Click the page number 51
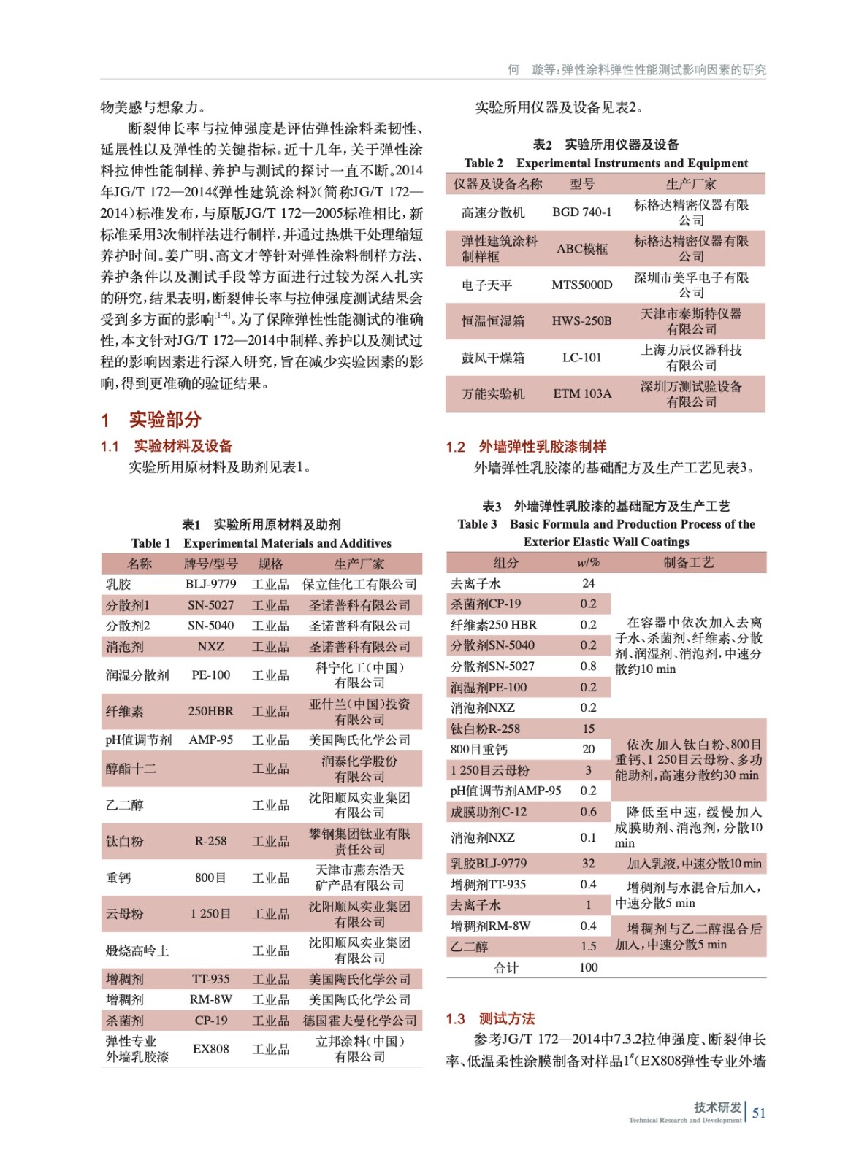(x=759, y=1113)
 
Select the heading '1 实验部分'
(x=151, y=420)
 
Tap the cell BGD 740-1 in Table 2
(x=582, y=212)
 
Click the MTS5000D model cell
(x=582, y=285)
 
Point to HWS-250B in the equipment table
(x=582, y=321)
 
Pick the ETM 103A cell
(x=582, y=393)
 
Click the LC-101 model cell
(x=582, y=358)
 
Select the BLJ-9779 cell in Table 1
(x=210, y=584)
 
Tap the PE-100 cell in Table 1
(x=210, y=675)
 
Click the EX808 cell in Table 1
(x=210, y=1049)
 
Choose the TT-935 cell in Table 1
(x=210, y=979)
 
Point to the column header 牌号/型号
(x=210, y=564)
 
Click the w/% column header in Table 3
(x=588, y=562)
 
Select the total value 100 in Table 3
(x=588, y=967)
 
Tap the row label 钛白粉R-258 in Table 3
(x=485, y=729)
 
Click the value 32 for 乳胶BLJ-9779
(x=588, y=864)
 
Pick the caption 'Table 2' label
(x=484, y=164)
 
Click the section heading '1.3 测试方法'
(x=490, y=1018)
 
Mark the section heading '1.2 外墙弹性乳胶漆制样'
(x=526, y=447)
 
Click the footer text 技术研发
(x=717, y=1107)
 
